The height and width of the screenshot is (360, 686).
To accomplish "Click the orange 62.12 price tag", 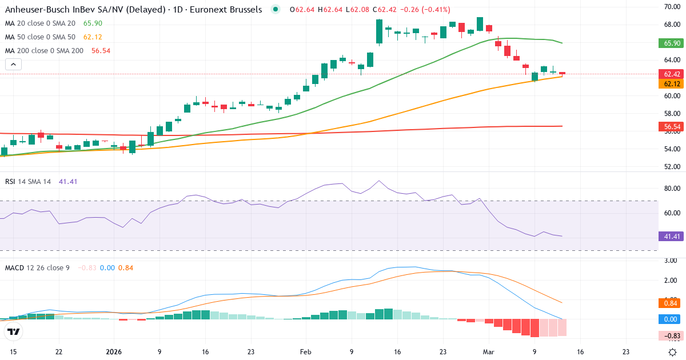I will (x=672, y=84).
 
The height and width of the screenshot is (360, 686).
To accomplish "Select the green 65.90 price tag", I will (x=672, y=43).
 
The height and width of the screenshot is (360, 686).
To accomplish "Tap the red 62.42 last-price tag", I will (x=672, y=74).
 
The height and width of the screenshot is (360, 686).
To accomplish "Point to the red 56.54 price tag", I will (x=672, y=126).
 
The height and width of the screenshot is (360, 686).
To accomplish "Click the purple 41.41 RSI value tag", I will (x=672, y=236).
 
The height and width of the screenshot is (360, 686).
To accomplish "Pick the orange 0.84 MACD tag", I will (x=672, y=303).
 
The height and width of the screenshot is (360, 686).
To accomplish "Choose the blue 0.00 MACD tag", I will (x=672, y=319).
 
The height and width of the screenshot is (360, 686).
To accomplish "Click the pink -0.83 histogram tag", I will (x=672, y=335).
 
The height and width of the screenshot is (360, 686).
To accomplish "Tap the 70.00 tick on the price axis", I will (x=671, y=7).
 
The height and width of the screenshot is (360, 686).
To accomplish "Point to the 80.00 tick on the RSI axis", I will (x=671, y=188).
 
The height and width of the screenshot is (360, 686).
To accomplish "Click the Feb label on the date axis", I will (x=305, y=352).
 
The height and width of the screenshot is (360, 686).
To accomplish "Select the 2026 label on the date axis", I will (x=114, y=352).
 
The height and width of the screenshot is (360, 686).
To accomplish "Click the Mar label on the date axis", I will (x=488, y=352).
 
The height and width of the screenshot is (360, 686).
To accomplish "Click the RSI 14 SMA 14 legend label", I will (x=28, y=181).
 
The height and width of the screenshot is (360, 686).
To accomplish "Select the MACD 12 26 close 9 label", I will (x=37, y=267).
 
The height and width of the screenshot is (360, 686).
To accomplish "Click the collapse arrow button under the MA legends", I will (x=13, y=64).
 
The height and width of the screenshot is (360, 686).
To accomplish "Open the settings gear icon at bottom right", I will (x=673, y=352).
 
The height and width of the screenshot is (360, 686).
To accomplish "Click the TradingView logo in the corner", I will (x=14, y=332).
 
